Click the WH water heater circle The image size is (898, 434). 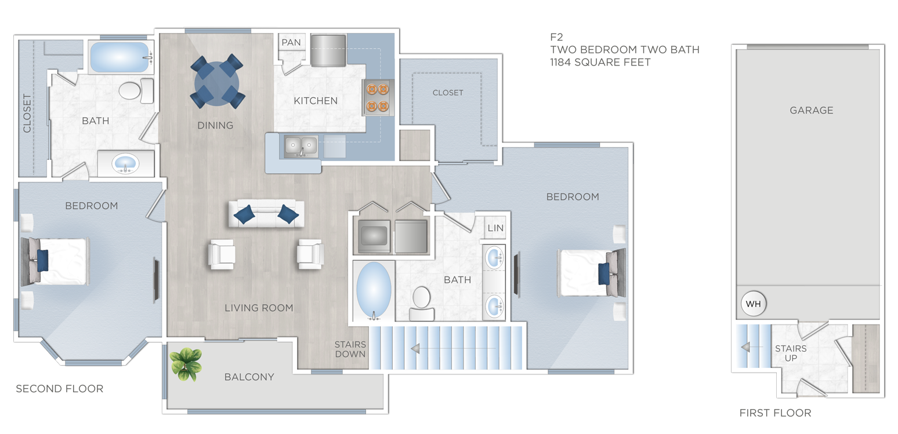[753, 304]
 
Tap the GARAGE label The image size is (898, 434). [811, 110]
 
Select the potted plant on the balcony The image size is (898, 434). [186, 364]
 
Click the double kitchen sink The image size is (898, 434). [301, 147]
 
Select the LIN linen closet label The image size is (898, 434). [495, 228]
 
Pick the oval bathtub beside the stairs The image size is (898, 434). [374, 290]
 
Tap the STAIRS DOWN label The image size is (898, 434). [350, 349]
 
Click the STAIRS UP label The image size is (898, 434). [791, 353]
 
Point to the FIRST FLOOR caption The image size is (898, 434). [775, 413]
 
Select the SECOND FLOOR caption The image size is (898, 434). [59, 389]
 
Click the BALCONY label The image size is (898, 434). [249, 377]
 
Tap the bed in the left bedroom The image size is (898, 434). [55, 261]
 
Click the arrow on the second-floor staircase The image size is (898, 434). [416, 349]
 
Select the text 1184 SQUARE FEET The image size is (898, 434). [600, 62]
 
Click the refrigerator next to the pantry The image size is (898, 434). [328, 50]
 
